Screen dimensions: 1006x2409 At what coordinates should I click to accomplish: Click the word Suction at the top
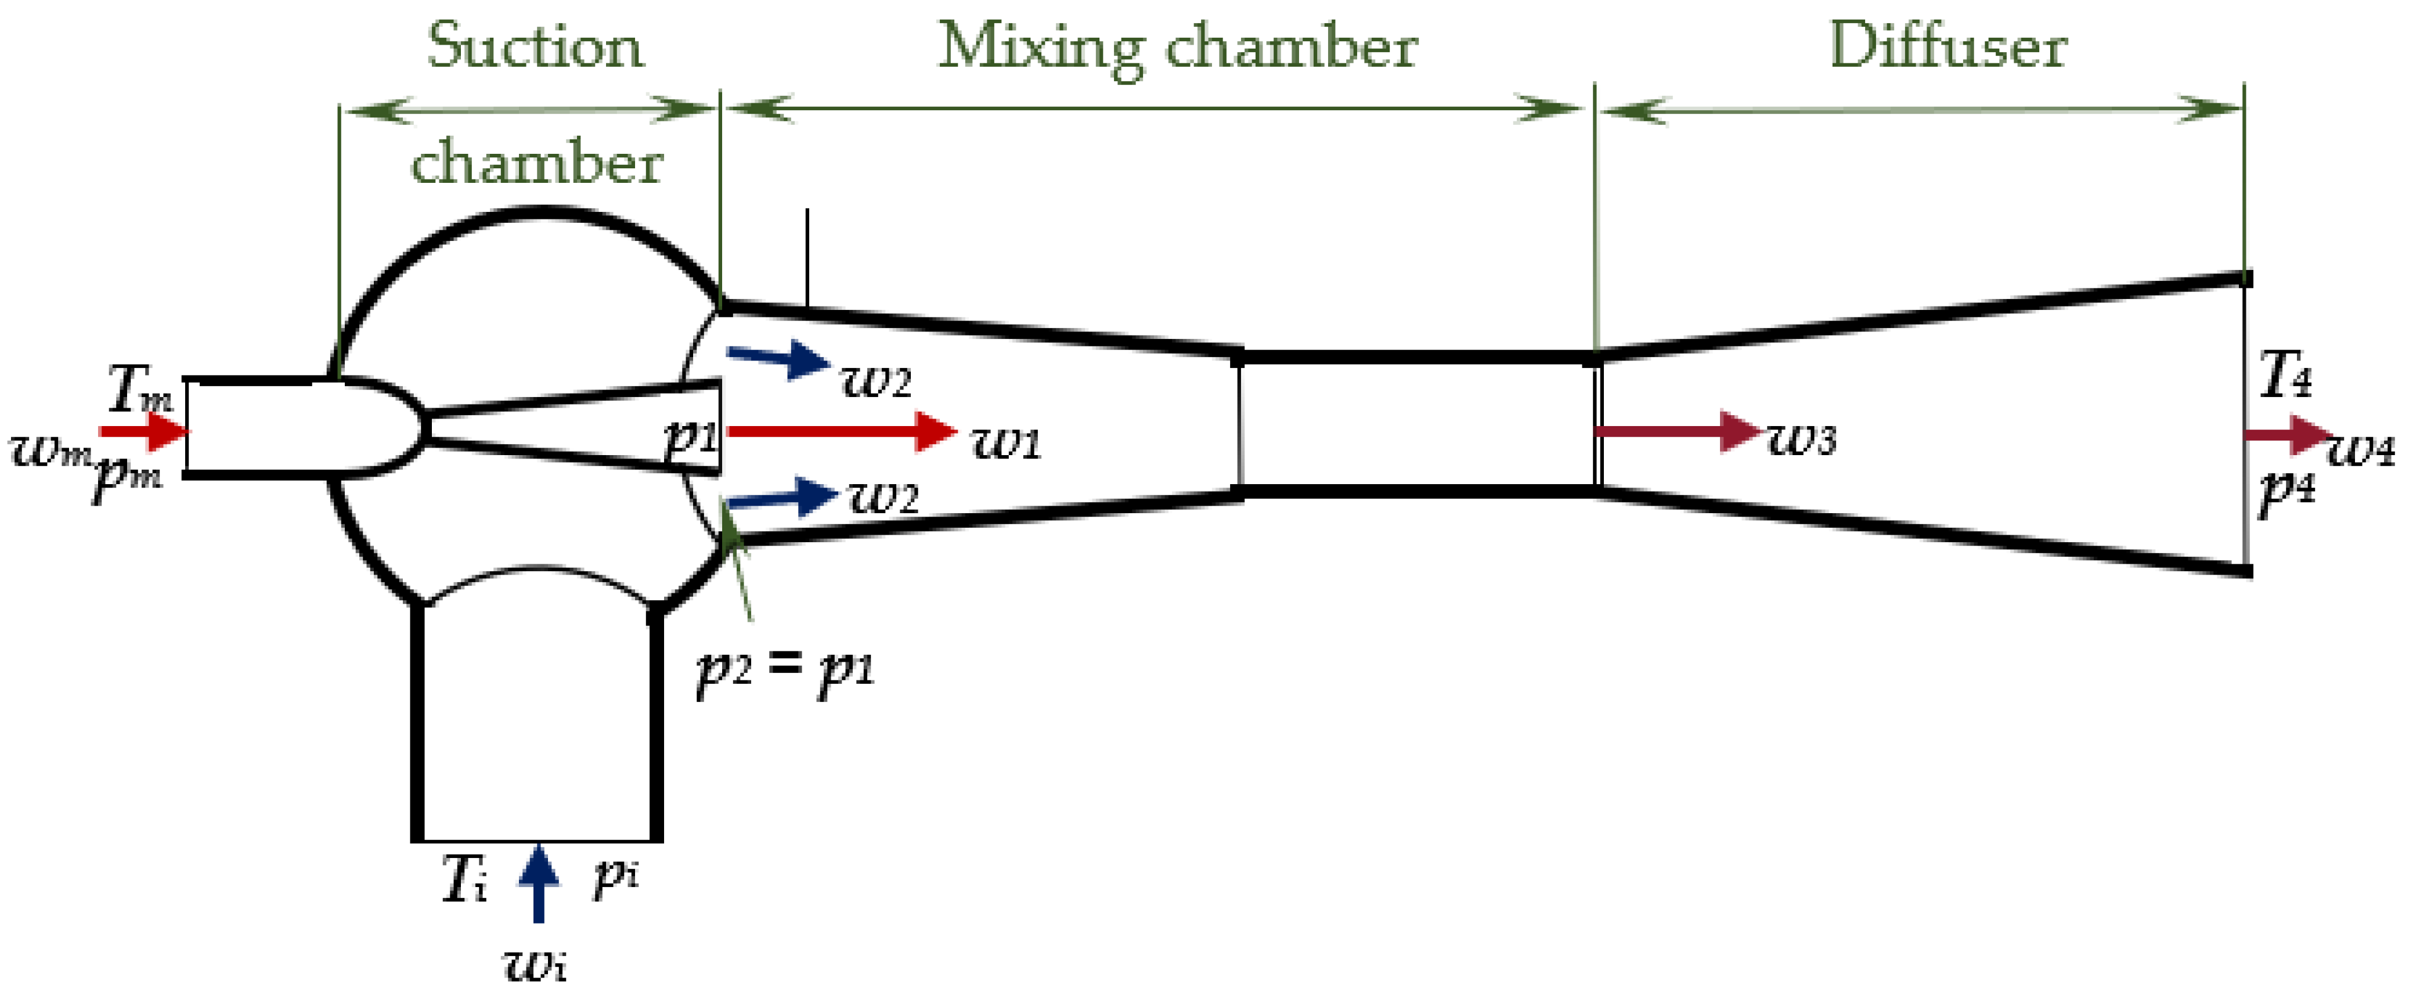[x=535, y=47]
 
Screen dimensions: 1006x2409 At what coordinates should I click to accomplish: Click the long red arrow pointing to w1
[x=842, y=431]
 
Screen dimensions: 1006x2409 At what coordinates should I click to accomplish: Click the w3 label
[x=1801, y=438]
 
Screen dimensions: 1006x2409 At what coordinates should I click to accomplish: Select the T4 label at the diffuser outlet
[x=2285, y=375]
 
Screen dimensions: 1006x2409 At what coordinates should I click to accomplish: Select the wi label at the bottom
[x=535, y=963]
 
